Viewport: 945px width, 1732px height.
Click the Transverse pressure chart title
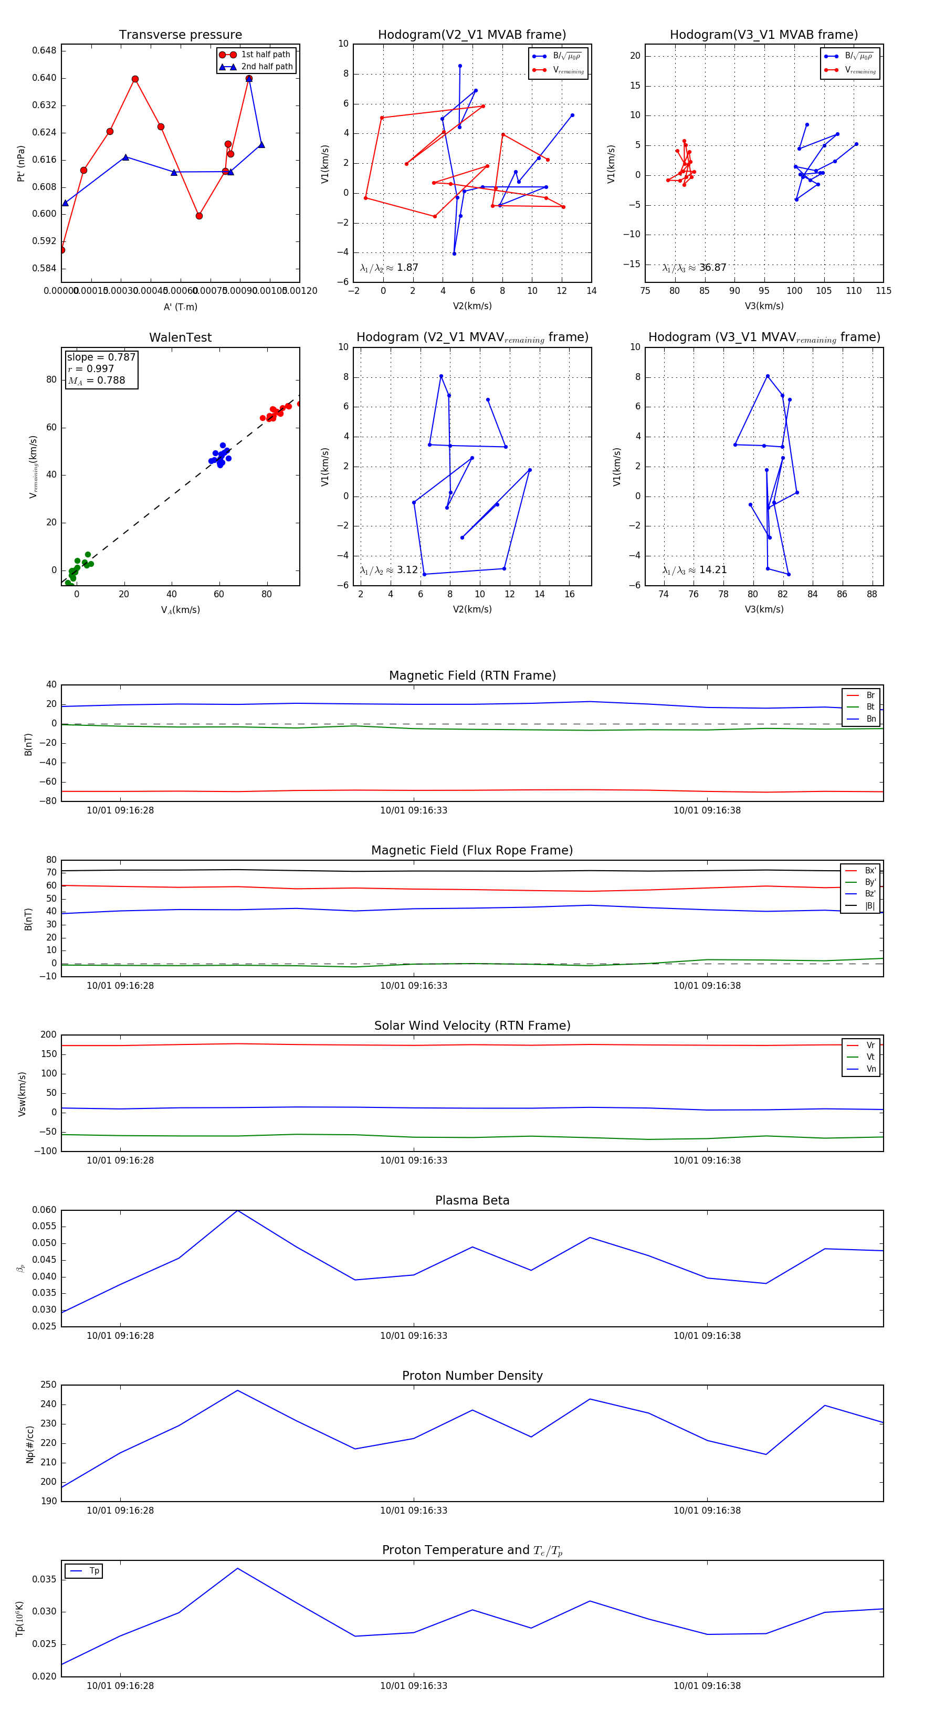coord(180,35)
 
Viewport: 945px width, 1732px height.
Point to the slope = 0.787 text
coord(101,357)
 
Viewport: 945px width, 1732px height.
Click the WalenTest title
coord(180,337)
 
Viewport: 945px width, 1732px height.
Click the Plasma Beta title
coord(472,1200)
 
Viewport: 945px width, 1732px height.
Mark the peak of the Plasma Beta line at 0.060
coord(237,1210)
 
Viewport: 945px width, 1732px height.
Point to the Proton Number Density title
coord(472,1376)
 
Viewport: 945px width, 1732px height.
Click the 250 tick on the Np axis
coord(48,1385)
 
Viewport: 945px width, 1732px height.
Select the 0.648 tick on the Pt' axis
coord(45,50)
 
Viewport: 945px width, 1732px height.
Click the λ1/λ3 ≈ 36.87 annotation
coord(694,268)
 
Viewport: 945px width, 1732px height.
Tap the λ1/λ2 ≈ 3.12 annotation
coord(388,570)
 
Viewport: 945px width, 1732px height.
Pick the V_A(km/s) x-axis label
coord(180,610)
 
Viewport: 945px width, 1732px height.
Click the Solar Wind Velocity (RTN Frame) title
coord(472,1026)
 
